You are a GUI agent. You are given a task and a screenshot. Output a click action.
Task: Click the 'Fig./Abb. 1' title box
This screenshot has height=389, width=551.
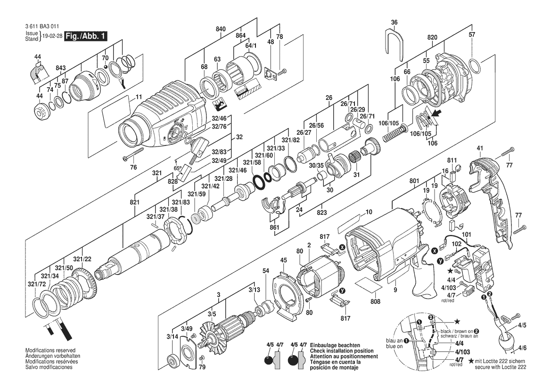(x=85, y=36)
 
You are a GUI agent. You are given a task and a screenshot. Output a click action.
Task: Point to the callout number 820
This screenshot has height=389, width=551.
(x=432, y=38)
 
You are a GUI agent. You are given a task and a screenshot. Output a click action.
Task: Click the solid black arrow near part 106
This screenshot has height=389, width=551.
(x=436, y=114)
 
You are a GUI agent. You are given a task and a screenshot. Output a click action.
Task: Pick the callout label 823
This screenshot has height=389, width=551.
(x=321, y=212)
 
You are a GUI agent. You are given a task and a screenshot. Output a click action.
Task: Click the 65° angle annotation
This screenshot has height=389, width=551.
(x=178, y=168)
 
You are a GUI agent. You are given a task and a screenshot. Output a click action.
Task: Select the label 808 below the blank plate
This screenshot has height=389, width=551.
(x=375, y=301)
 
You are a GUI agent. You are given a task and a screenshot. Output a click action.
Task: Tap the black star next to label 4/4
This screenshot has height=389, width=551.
(x=450, y=271)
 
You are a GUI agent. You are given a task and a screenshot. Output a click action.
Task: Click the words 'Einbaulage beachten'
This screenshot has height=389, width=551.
(x=335, y=346)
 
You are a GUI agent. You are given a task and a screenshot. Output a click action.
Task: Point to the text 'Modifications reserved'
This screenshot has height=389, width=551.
(x=50, y=350)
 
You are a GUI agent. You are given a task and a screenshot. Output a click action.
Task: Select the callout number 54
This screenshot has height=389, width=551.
(x=266, y=271)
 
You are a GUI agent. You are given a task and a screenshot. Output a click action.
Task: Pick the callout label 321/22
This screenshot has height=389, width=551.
(x=82, y=259)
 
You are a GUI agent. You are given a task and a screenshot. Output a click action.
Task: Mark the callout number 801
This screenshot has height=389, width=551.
(x=415, y=181)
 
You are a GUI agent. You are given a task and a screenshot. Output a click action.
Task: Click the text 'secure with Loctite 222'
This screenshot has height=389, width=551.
(x=501, y=367)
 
